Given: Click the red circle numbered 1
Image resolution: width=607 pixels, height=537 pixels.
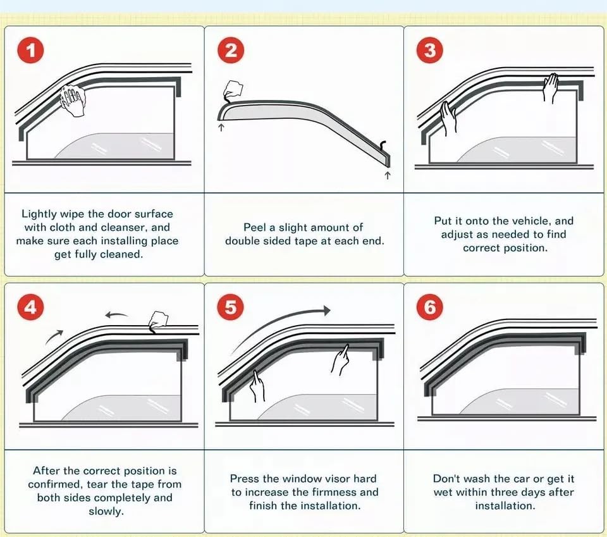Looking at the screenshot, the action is [30, 51].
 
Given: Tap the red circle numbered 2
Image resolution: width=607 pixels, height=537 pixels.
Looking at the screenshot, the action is [230, 51].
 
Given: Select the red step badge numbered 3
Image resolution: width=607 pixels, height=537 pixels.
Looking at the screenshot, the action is [430, 51].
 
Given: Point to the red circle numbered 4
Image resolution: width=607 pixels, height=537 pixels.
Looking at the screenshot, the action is [30, 307].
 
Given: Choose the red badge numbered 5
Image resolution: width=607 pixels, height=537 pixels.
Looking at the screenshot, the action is [230, 307].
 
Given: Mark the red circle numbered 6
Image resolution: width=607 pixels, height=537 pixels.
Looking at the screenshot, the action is [430, 307].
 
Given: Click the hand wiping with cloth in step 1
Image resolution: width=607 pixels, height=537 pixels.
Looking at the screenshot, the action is [73, 101].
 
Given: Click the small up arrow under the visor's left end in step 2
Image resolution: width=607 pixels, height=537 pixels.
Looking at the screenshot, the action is [221, 127].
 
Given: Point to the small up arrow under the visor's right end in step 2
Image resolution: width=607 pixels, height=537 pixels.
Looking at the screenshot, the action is [388, 175].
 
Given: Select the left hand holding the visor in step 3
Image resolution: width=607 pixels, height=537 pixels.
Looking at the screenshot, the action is [448, 118].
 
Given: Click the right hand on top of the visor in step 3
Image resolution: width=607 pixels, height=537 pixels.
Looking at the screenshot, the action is [550, 87].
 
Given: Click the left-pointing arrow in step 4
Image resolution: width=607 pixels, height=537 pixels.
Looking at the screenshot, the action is [116, 315].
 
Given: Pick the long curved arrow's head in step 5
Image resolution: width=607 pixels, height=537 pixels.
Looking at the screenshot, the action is [327, 310].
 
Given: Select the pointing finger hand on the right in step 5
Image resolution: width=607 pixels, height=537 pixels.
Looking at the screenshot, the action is [341, 360].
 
